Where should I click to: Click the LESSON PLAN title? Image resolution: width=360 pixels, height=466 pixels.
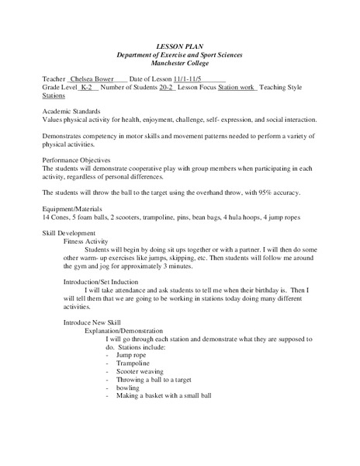coord(179,47)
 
